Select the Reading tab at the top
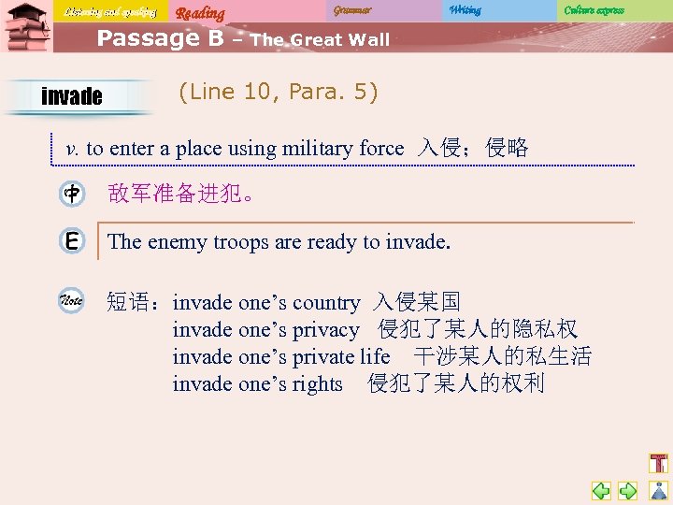click(x=200, y=12)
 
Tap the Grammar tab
click(x=352, y=10)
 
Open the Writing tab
click(x=465, y=10)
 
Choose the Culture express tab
click(x=594, y=10)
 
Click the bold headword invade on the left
click(x=72, y=96)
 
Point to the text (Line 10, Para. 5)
click(x=278, y=93)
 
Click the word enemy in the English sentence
click(x=178, y=242)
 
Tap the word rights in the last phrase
click(x=317, y=384)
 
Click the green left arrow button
click(x=601, y=490)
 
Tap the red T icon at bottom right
click(x=658, y=463)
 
